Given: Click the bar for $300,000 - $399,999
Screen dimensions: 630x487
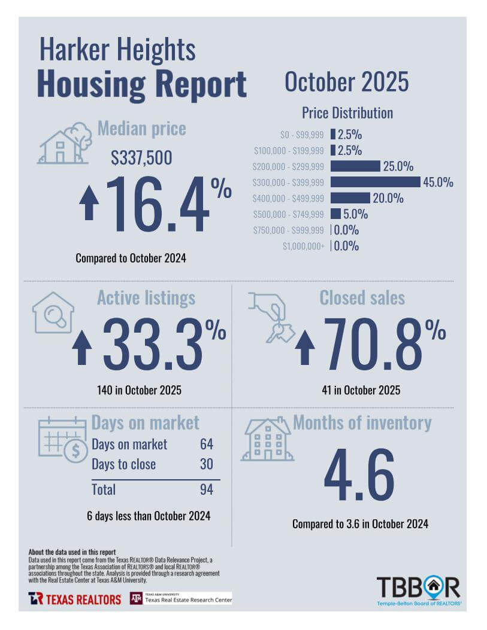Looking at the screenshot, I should pos(375,182).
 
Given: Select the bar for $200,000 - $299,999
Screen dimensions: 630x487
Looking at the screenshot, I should pos(355,166).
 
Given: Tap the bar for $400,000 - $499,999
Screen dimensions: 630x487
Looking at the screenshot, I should pos(350,198).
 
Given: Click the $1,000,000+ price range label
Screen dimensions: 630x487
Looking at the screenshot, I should pos(304,246).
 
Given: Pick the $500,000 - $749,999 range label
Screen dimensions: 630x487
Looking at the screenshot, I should pos(289,214).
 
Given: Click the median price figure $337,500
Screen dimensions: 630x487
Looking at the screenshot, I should pos(141,158).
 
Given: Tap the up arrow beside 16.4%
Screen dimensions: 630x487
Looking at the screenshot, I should pos(89,203).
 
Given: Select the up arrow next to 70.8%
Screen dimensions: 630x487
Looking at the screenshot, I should pos(305,348).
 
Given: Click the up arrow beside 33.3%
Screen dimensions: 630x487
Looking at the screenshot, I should pos(82,348).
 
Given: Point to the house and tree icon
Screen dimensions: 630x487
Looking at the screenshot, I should pos(65,144).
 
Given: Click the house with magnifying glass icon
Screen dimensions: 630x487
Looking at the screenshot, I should pos(53,313).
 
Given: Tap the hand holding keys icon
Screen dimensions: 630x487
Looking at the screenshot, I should pos(271,318).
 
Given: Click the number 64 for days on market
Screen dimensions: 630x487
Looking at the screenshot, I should pos(206,445).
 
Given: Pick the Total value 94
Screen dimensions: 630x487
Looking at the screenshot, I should pos(206,489).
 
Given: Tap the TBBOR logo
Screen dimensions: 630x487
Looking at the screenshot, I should pos(418,589).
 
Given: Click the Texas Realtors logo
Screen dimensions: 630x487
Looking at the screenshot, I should pos(75,599).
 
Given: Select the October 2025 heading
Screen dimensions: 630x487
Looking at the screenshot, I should pos(346,82).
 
